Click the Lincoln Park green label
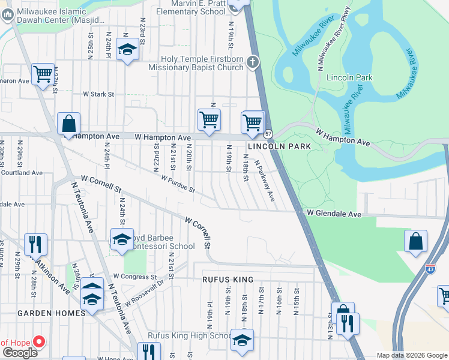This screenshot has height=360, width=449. pos(349,77)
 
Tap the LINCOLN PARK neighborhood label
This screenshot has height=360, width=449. pos(280,146)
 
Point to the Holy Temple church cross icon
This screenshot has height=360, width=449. pos(253,61)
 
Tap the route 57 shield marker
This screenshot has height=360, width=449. pos(269,133)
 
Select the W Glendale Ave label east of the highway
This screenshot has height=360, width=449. pos(334,214)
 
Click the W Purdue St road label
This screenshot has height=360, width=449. pos(178,184)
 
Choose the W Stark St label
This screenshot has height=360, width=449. pos(98,94)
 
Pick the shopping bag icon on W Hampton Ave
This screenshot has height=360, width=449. pos(69,124)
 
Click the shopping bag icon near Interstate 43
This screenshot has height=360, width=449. pos(415,242)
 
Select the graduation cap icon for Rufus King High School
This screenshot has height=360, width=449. pos(242,340)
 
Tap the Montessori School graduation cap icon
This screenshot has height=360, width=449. pos(122,240)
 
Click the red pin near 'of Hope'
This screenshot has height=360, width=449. pos(39,342)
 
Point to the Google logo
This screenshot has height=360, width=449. pos(20,353)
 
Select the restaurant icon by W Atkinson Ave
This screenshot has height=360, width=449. pos(35,244)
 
